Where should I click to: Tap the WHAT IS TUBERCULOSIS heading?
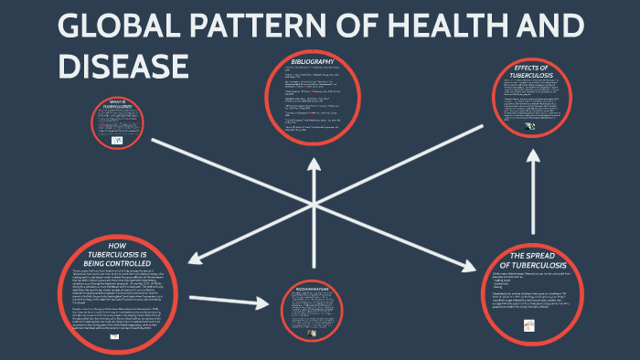pos(120,103)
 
